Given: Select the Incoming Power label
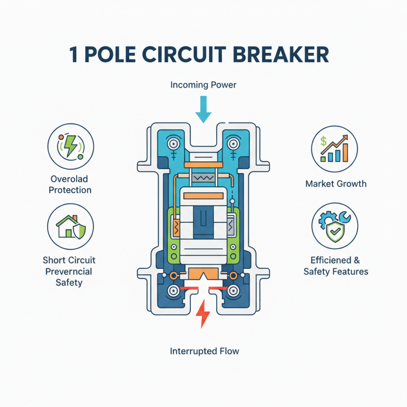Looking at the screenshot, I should pyautogui.click(x=203, y=84).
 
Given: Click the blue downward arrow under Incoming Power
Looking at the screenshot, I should pyautogui.click(x=203, y=109).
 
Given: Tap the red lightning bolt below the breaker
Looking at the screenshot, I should pyautogui.click(x=203, y=314).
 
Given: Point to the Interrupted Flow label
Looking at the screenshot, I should pyautogui.click(x=203, y=351).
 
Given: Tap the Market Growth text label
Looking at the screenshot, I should pyautogui.click(x=335, y=183).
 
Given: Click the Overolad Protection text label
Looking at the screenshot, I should pyautogui.click(x=71, y=185).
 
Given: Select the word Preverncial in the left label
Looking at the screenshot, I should pyautogui.click(x=69, y=271).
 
